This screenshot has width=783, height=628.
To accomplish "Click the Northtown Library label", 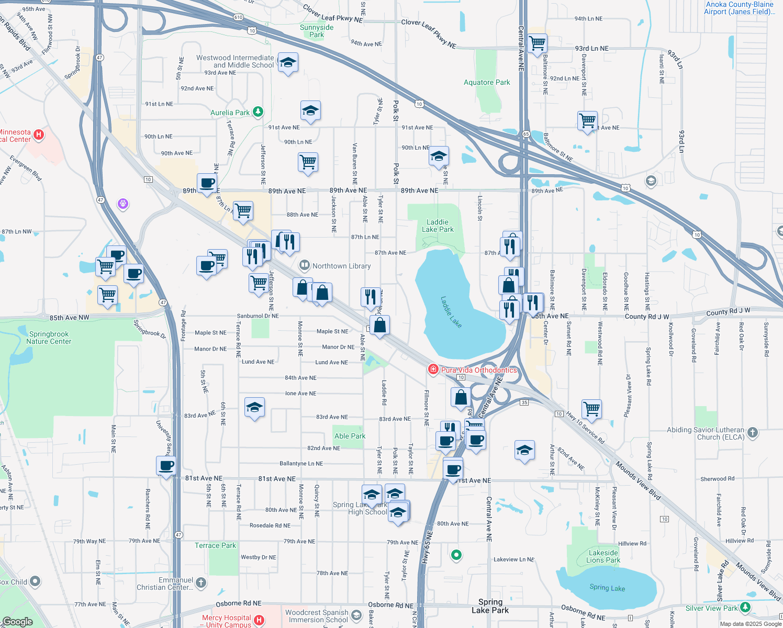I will [x=341, y=266].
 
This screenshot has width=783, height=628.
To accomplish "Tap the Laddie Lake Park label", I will [x=438, y=226].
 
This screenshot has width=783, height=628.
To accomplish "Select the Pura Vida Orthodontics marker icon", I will [x=433, y=370].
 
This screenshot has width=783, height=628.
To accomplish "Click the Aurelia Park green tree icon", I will [x=258, y=112].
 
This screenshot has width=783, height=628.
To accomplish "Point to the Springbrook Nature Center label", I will [x=49, y=338].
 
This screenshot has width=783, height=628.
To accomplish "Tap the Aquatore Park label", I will [x=487, y=82].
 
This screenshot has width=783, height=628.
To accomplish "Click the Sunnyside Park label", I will [x=317, y=31].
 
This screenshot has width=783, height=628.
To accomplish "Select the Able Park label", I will [x=350, y=436].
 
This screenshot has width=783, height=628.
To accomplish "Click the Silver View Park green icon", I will [x=745, y=608].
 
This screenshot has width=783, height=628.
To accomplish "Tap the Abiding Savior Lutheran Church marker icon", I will [x=753, y=432].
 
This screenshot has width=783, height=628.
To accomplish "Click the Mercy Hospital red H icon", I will [x=259, y=621].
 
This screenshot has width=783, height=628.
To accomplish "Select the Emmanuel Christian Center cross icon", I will [x=201, y=582].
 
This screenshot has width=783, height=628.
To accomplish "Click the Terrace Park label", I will [x=215, y=545].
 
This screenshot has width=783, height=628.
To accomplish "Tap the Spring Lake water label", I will [x=607, y=588].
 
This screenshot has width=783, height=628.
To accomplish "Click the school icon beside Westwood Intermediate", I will [x=288, y=63].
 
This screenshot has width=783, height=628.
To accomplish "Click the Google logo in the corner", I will [x=17, y=622].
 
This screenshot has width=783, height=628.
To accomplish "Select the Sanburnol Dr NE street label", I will [x=258, y=316].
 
